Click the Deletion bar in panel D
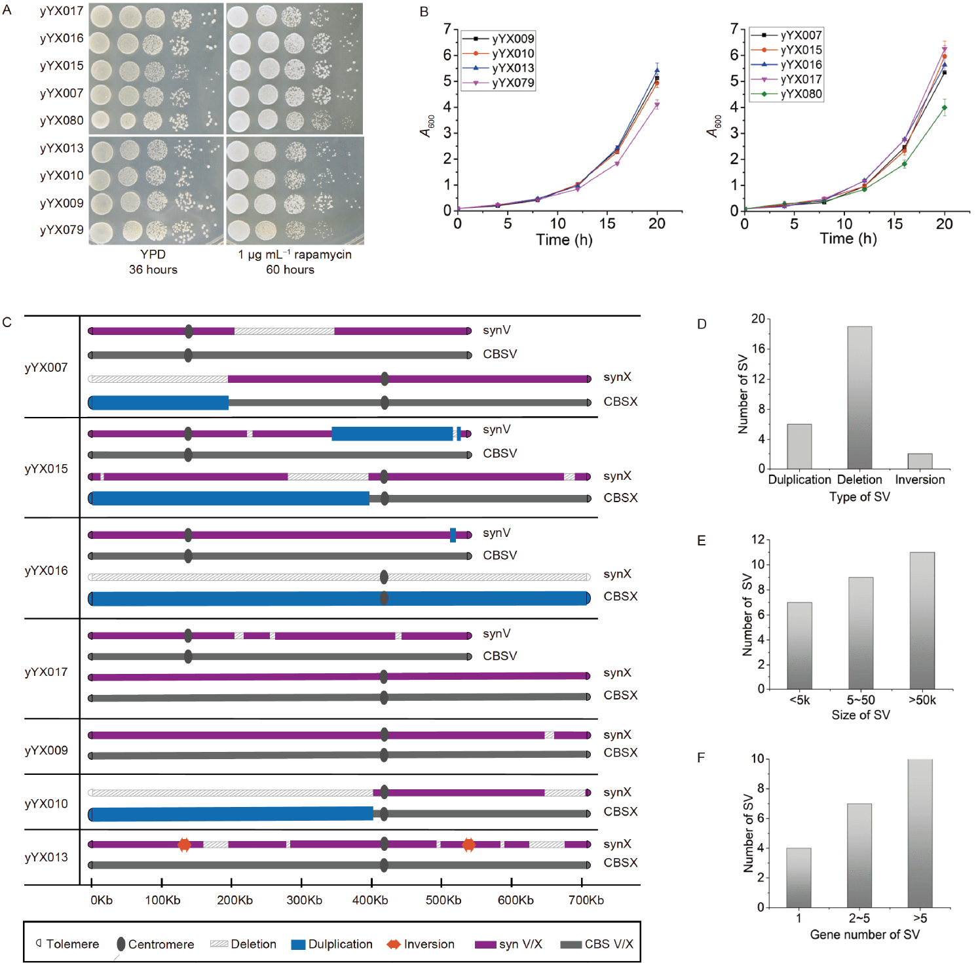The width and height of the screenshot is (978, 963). (859, 397)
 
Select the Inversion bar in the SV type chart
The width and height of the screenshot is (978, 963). (920, 461)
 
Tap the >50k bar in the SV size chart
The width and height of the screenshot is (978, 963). (922, 620)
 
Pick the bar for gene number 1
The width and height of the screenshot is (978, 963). (799, 877)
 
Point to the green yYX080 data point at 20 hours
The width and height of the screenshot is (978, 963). (944, 108)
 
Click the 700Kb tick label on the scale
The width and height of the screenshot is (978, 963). (586, 900)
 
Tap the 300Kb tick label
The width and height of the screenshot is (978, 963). (304, 900)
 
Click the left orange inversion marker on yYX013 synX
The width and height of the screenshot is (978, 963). (184, 844)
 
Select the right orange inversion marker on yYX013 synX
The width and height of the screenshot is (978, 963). (468, 844)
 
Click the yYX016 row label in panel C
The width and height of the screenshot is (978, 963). (46, 570)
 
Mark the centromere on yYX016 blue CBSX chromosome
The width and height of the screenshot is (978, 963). (384, 598)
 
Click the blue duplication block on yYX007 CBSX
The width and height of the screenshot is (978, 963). (159, 403)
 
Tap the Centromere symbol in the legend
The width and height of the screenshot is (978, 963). (121, 944)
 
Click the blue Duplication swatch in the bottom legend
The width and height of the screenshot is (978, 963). (298, 945)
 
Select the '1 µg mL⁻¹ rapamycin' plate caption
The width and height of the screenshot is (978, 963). (294, 254)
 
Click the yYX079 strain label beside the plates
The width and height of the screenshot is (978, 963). (62, 230)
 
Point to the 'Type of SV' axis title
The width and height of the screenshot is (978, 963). (859, 497)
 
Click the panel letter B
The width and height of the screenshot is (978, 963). (424, 12)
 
